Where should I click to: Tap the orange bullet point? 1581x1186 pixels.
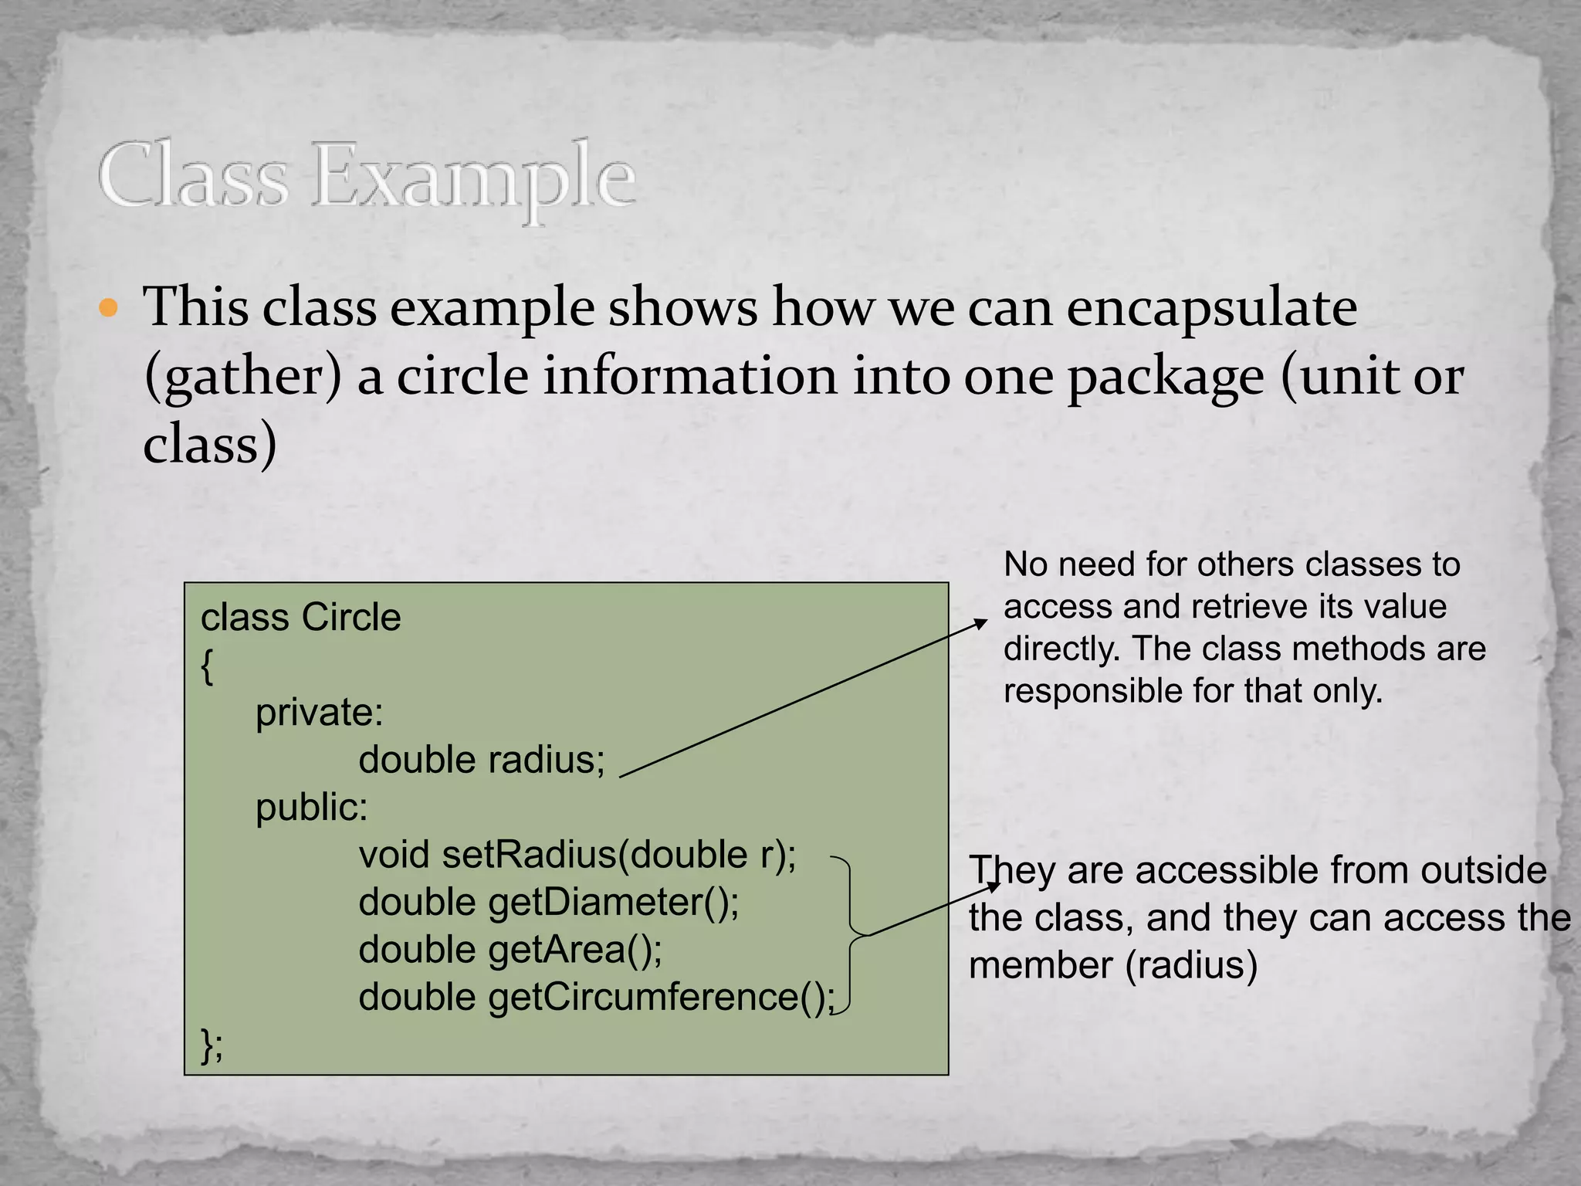click(109, 309)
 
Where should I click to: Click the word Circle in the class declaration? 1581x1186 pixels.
click(351, 618)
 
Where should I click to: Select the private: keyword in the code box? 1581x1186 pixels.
click(319, 712)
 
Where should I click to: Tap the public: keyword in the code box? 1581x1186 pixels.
click(311, 808)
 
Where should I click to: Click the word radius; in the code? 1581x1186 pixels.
click(547, 760)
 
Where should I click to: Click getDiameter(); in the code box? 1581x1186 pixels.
click(613, 902)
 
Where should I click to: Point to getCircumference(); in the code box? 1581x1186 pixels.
click(661, 997)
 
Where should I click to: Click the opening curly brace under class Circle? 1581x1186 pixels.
click(207, 666)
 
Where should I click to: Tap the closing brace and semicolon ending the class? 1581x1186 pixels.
click(212, 1045)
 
